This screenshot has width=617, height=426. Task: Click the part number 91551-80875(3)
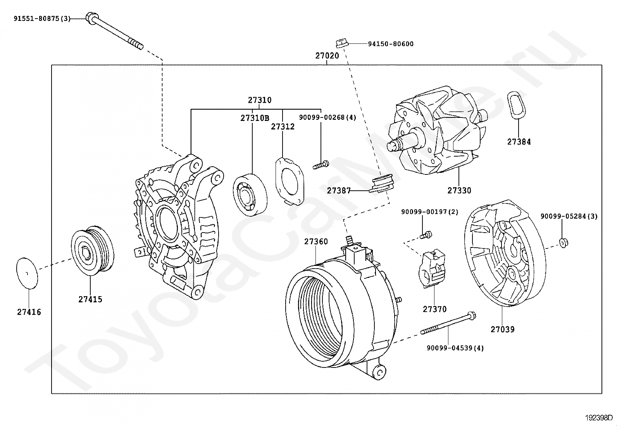tap(42, 19)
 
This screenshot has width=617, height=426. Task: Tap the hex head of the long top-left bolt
tap(91, 17)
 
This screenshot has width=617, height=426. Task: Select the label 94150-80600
tap(391, 44)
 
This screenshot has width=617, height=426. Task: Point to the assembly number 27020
tap(327, 56)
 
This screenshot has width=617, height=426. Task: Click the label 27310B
tap(255, 118)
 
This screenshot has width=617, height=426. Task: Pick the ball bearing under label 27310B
tap(250, 195)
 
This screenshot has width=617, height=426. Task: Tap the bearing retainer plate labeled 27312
tap(290, 181)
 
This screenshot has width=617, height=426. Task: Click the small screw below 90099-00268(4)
tap(321, 165)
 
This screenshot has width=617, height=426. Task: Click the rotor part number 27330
tap(459, 190)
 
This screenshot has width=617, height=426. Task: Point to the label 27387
tap(339, 190)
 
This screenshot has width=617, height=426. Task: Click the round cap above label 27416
tap(27, 273)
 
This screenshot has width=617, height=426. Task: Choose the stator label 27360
tap(316, 241)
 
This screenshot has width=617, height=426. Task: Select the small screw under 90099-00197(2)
tap(426, 235)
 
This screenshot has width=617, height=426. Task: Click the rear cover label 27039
tap(502, 329)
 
